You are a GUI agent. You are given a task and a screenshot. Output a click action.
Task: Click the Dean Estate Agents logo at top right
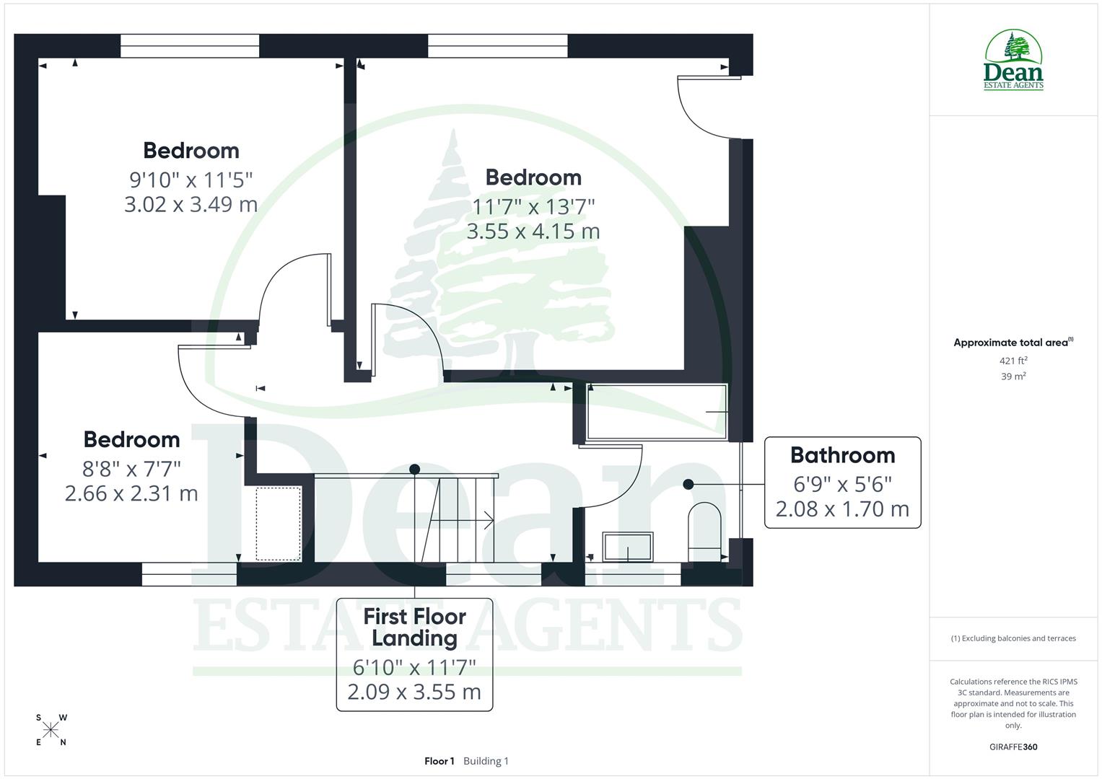(x=1013, y=61)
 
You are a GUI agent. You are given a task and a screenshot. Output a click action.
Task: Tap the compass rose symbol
(x=51, y=730)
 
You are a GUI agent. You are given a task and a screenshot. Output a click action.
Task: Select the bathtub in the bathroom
(x=657, y=412)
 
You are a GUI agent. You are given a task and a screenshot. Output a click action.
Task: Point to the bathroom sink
(x=628, y=547)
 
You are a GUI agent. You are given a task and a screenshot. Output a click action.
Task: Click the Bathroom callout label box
(x=842, y=483)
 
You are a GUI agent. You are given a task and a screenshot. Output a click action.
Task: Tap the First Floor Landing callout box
(x=414, y=654)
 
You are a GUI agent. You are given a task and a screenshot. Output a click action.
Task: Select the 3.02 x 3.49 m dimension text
(x=191, y=205)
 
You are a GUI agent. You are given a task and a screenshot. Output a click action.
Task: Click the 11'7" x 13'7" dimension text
(x=533, y=207)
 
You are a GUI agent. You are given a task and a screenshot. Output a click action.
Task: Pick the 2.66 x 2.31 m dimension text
(x=131, y=493)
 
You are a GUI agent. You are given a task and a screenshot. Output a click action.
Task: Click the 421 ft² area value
(x=1013, y=361)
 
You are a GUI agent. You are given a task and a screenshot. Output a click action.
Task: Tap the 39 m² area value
(x=1013, y=377)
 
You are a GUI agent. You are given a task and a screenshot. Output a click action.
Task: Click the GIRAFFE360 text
(x=1013, y=747)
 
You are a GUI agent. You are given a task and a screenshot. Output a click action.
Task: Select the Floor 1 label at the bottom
(x=439, y=761)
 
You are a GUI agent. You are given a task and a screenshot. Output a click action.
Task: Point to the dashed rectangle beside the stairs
(x=279, y=524)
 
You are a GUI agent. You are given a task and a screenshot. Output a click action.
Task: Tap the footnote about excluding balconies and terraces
(x=1013, y=638)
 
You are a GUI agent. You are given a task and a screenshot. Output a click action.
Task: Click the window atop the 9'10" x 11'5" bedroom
(x=190, y=46)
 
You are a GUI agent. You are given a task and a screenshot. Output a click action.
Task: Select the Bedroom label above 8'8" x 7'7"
(x=131, y=439)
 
